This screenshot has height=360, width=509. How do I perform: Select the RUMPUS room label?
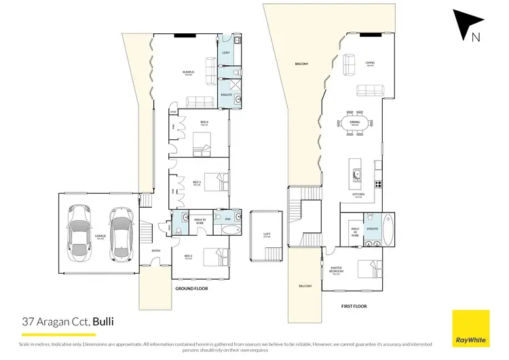pyautogui.click(x=188, y=71)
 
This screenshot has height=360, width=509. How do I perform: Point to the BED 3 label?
pyautogui.click(x=197, y=182)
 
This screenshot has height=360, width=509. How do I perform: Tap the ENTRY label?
pyautogui.click(x=155, y=251)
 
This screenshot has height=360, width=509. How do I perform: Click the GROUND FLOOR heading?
pyautogui.click(x=191, y=289)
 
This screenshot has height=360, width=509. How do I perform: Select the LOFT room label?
pyautogui.click(x=267, y=235)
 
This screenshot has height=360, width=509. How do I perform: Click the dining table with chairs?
pyautogui.click(x=355, y=124)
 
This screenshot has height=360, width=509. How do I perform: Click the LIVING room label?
pyautogui.click(x=371, y=63)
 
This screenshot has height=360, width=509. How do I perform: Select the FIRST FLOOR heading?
pyautogui.click(x=354, y=306)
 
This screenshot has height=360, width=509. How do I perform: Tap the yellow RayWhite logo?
pyautogui.click(x=470, y=326)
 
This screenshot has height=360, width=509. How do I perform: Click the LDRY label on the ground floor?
pyautogui.click(x=226, y=53)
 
